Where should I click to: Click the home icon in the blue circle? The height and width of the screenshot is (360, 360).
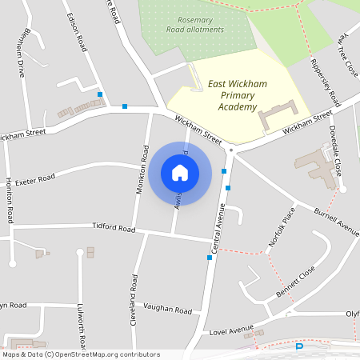[179, 172]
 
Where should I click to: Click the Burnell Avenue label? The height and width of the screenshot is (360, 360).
[336, 222]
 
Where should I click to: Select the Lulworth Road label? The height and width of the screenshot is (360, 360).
[81, 324]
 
